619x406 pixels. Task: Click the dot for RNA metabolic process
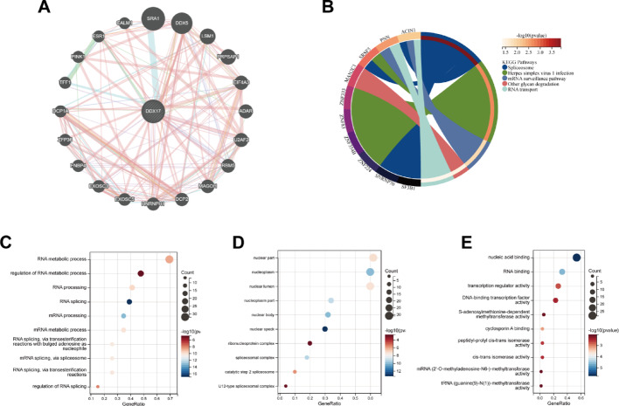coord(170,258)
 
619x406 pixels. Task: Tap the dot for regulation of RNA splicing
coord(98,385)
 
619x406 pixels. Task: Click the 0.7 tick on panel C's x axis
coord(170,397)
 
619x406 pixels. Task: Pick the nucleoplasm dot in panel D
coord(371,272)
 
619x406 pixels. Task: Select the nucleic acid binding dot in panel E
coord(576,257)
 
